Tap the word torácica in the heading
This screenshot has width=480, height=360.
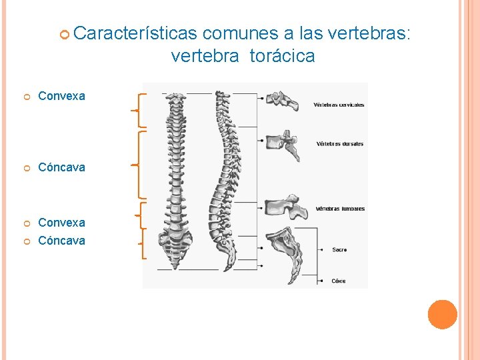pyautogui.click(x=282, y=57)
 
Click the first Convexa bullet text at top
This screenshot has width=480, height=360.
pyautogui.click(x=61, y=96)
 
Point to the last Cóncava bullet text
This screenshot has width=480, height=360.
pyautogui.click(x=61, y=241)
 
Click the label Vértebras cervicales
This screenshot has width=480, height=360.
pyautogui.click(x=339, y=105)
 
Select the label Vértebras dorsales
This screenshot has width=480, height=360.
pyautogui.click(x=340, y=144)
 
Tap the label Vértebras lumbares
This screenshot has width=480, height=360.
pyautogui.click(x=340, y=209)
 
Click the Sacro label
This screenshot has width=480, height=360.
pyautogui.click(x=339, y=249)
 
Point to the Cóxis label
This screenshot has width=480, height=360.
pyautogui.click(x=339, y=281)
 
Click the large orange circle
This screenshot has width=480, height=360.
pyautogui.click(x=443, y=315)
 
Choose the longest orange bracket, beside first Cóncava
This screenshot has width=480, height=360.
pyautogui.click(x=137, y=164)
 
